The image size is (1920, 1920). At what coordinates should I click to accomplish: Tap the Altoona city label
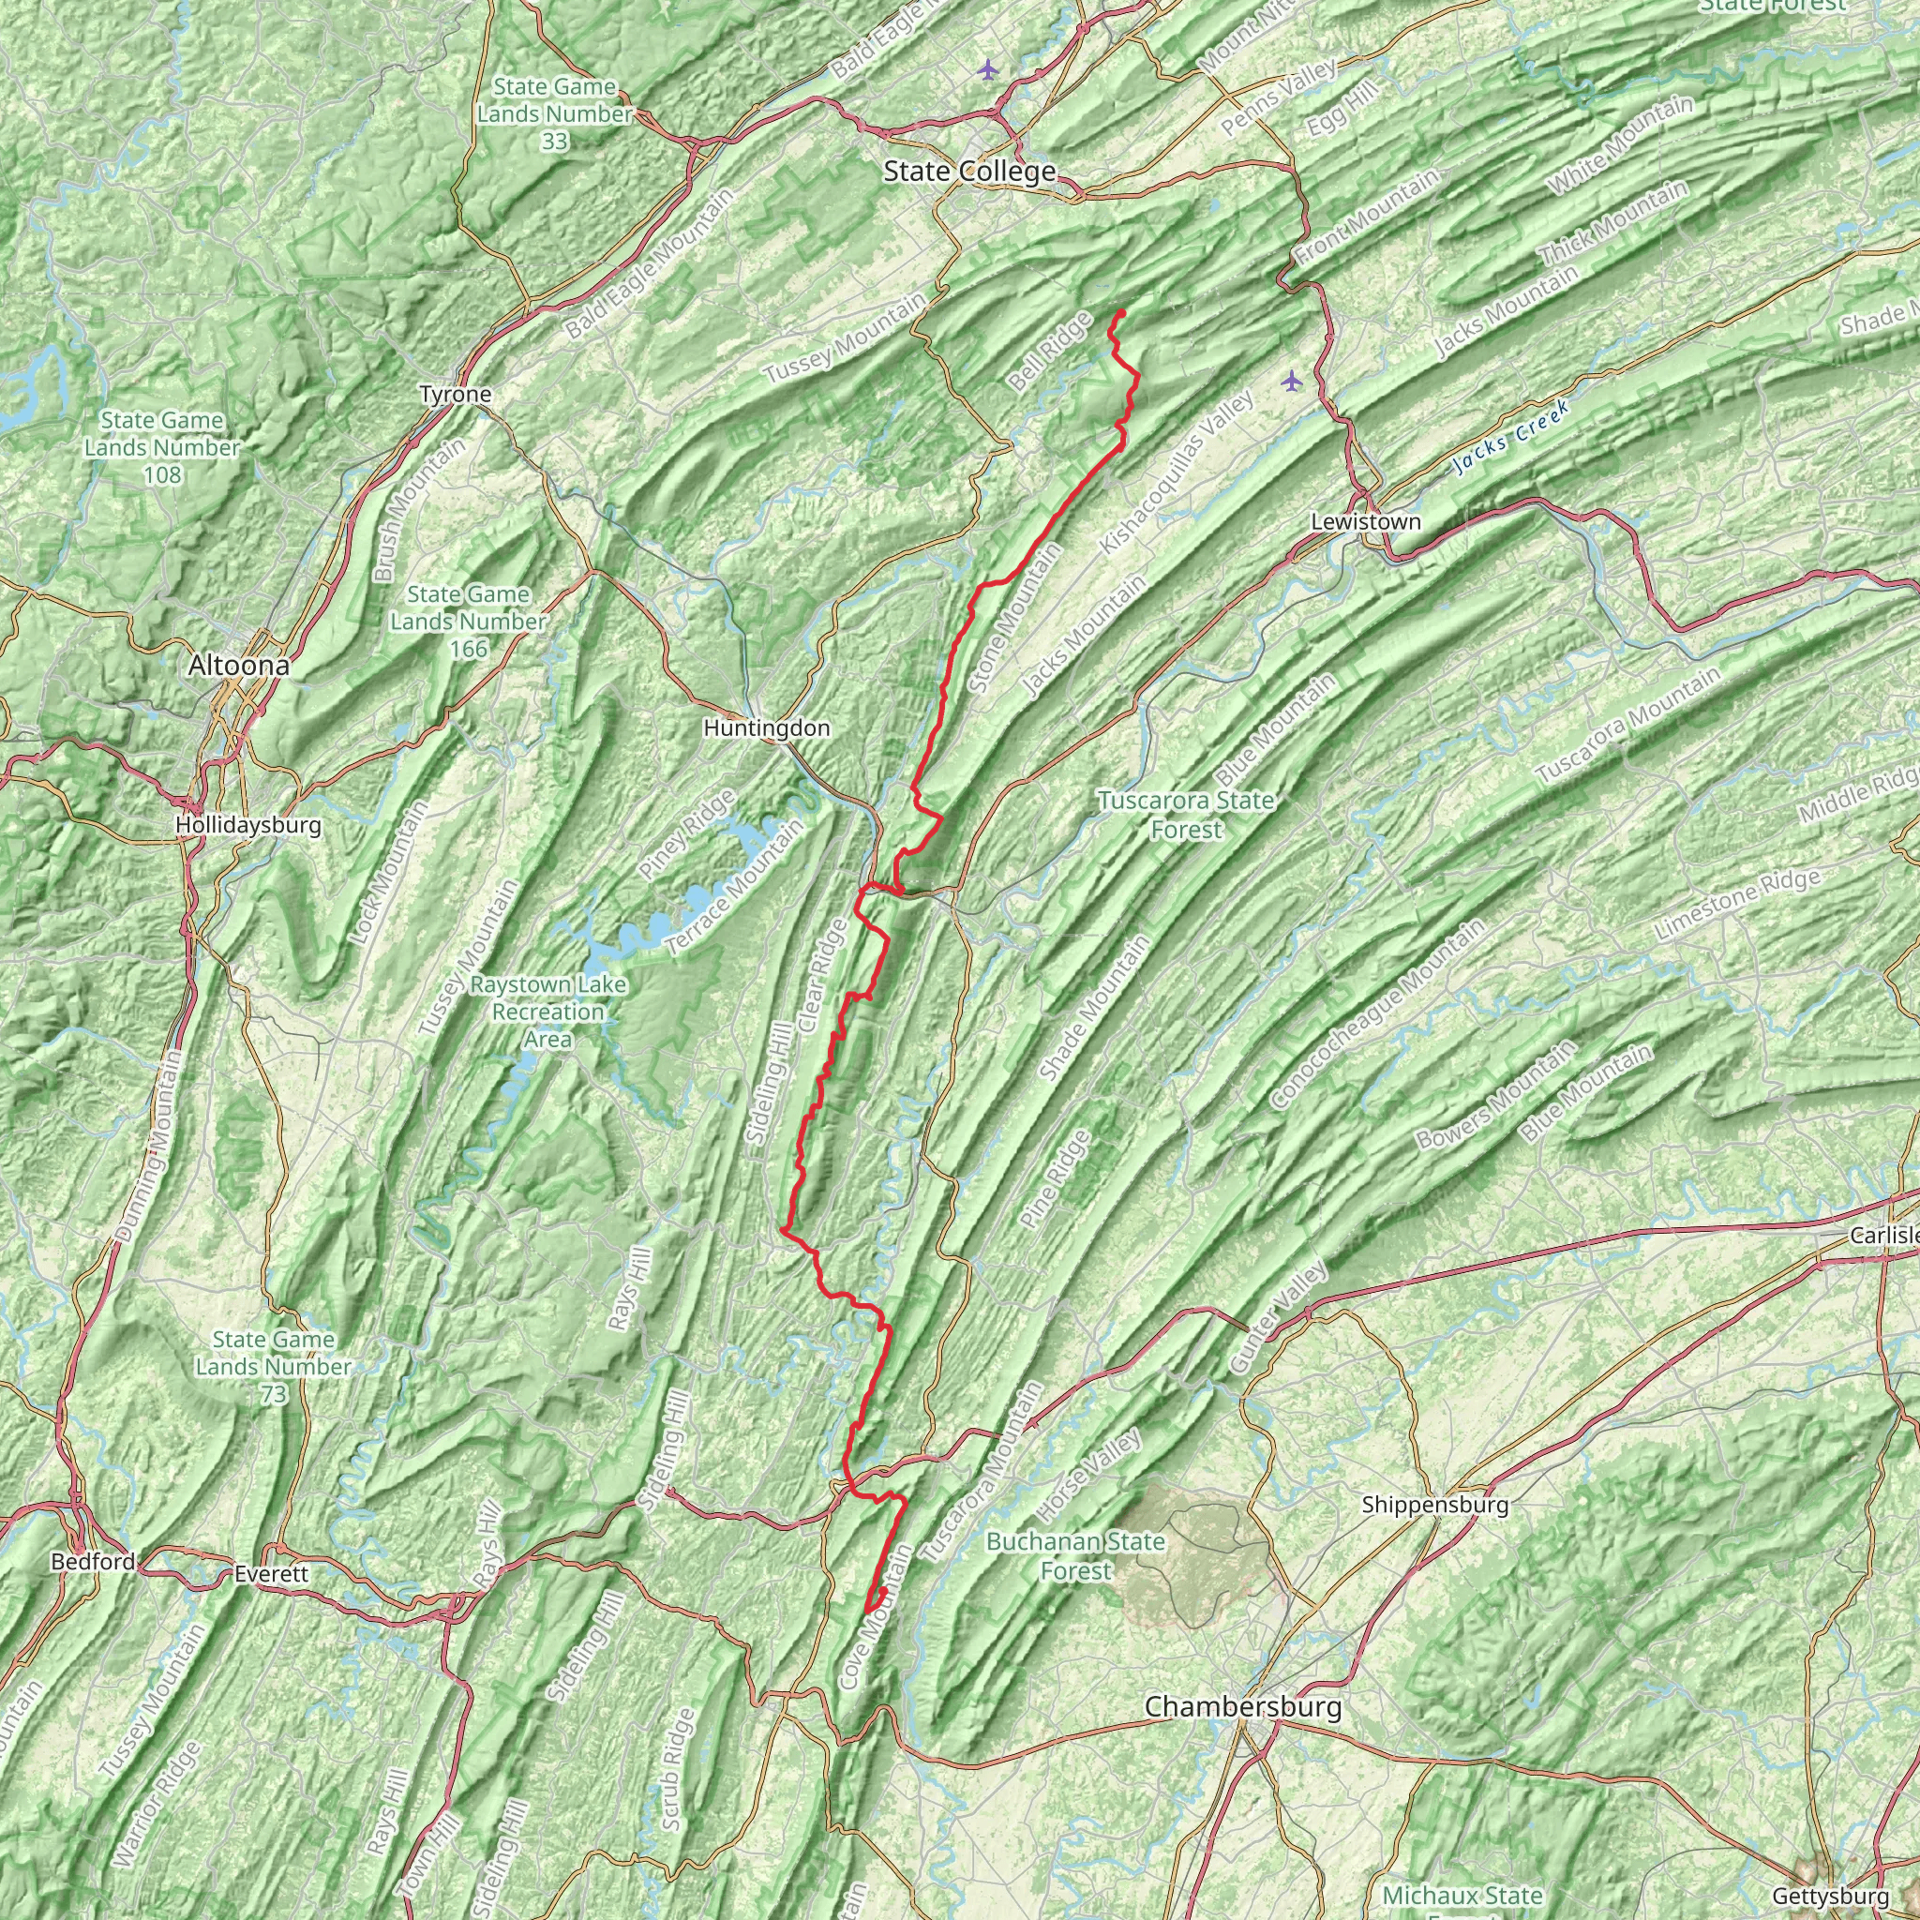[x=238, y=666]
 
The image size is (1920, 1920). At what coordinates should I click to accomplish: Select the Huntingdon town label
[x=766, y=728]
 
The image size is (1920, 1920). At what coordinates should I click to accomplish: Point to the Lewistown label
[x=1365, y=522]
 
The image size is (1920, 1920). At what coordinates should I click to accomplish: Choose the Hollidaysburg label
[x=247, y=825]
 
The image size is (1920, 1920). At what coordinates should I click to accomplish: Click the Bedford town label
[x=94, y=1561]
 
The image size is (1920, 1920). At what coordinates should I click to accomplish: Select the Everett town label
[x=272, y=1574]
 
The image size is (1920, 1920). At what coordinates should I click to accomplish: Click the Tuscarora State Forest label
[x=1186, y=815]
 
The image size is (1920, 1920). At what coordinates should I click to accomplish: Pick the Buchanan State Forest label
[x=1075, y=1555]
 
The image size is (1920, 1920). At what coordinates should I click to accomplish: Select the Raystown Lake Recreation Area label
[x=548, y=1012]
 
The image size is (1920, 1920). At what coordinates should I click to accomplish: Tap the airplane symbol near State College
[x=987, y=68]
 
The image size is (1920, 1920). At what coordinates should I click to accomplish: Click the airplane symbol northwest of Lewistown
[x=1291, y=381]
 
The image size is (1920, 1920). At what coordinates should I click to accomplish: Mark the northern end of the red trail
[x=1122, y=312]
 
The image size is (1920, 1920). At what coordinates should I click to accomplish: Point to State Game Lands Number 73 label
[x=274, y=1367]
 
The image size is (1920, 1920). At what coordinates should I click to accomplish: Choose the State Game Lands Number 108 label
[x=162, y=447]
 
